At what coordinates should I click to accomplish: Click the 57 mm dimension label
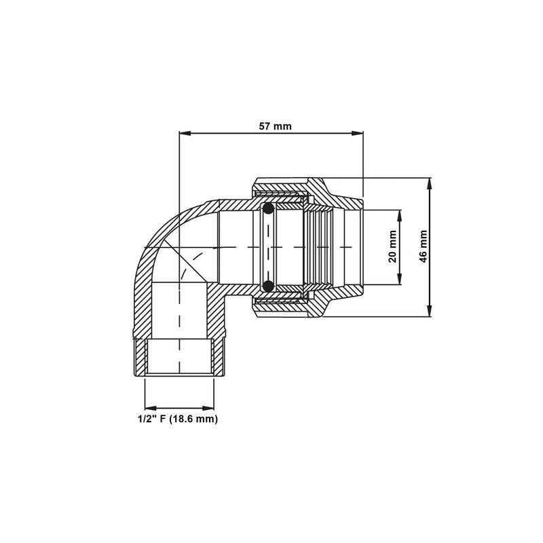pyautogui.click(x=276, y=126)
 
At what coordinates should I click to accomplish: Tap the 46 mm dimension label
pyautogui.click(x=424, y=246)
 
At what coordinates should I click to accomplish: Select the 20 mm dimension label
pyautogui.click(x=392, y=246)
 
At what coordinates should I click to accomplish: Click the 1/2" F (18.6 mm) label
pyautogui.click(x=178, y=419)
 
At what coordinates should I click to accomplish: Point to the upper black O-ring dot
pyautogui.click(x=268, y=209)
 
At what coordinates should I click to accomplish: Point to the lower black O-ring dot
pyautogui.click(x=268, y=286)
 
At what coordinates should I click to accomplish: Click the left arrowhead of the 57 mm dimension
pyautogui.click(x=185, y=133)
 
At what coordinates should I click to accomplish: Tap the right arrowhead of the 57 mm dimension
pyautogui.click(x=357, y=133)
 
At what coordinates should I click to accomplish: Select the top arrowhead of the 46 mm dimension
pyautogui.click(x=430, y=184)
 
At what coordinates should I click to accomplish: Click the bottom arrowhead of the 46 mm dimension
pyautogui.click(x=430, y=310)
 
